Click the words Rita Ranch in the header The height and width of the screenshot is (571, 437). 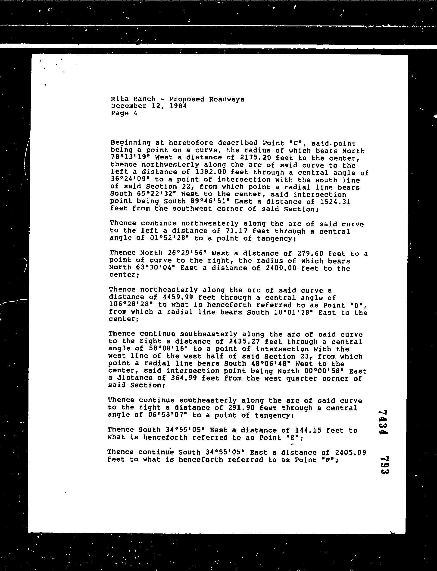[133, 99]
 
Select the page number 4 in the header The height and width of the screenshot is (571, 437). [135, 113]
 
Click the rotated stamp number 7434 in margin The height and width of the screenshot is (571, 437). [383, 422]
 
